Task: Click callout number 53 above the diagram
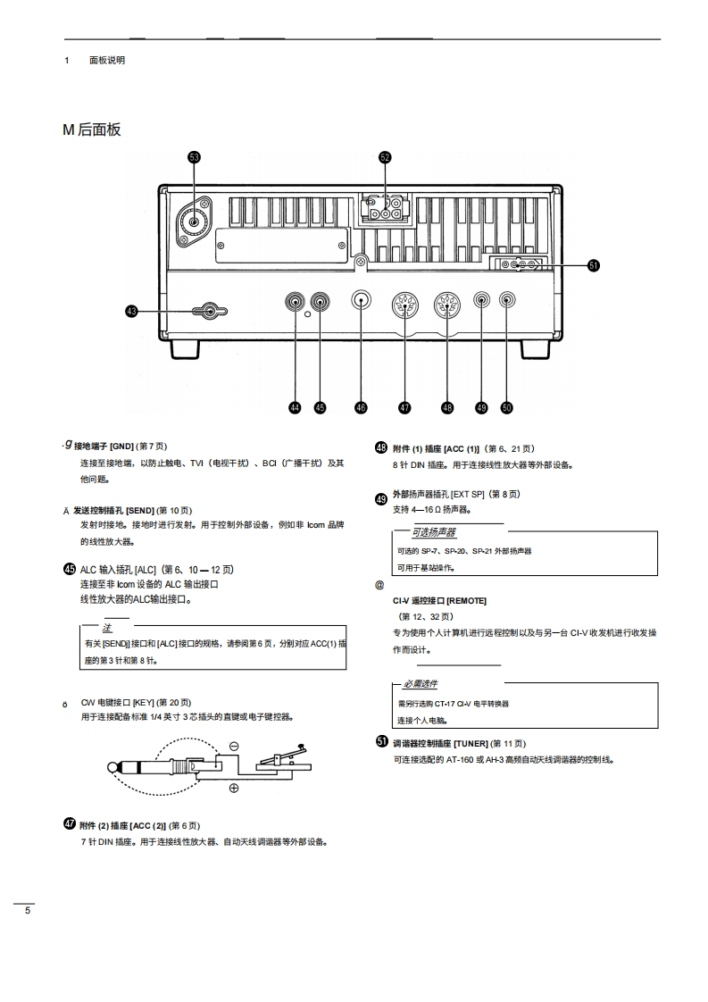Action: pyautogui.click(x=194, y=157)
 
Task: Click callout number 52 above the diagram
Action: pyautogui.click(x=385, y=157)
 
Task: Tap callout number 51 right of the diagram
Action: pyautogui.click(x=594, y=264)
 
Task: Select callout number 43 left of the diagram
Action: pyautogui.click(x=132, y=311)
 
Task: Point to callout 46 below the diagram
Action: pyautogui.click(x=361, y=407)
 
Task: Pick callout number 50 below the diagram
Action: pyautogui.click(x=506, y=407)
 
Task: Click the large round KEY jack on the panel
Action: pyautogui.click(x=361, y=300)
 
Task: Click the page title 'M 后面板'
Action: pyautogui.click(x=92, y=129)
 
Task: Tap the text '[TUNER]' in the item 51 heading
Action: pyautogui.click(x=471, y=743)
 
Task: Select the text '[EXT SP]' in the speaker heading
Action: pyautogui.click(x=468, y=494)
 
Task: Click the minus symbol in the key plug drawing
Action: pyautogui.click(x=234, y=746)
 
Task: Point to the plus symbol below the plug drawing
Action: pyautogui.click(x=234, y=788)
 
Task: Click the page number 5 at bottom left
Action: pyautogui.click(x=27, y=910)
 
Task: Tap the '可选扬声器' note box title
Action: pyautogui.click(x=433, y=532)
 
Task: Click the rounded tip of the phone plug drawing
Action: pyautogui.click(x=112, y=766)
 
